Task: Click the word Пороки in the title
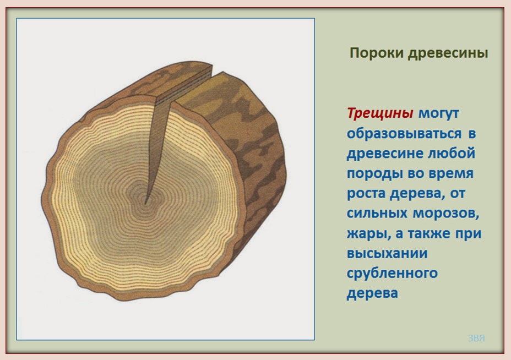click(x=377, y=53)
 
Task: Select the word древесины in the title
click(x=448, y=53)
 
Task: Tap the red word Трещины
click(x=380, y=114)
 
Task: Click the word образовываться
click(x=404, y=134)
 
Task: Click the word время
click(x=451, y=173)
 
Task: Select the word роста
click(x=366, y=194)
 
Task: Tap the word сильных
click(x=377, y=214)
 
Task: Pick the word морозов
click(x=445, y=214)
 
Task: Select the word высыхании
click(x=387, y=253)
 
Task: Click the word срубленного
click(x=392, y=274)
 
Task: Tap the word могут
click(x=439, y=114)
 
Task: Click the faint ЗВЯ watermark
click(x=476, y=338)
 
